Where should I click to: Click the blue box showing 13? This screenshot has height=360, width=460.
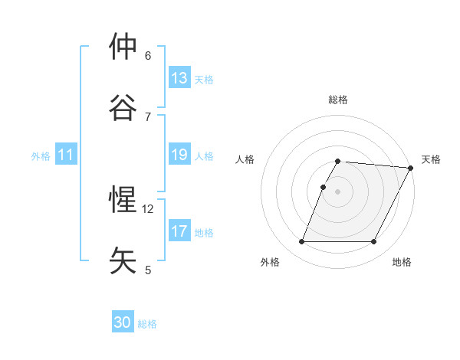[x=179, y=78]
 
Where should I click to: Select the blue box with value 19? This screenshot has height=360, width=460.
[x=179, y=155]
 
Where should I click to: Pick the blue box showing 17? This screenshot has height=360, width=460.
[x=179, y=231]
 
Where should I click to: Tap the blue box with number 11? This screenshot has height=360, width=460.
[x=66, y=155]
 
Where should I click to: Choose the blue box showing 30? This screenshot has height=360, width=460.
[x=123, y=322]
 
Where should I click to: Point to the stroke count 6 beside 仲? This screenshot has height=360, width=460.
[x=148, y=55]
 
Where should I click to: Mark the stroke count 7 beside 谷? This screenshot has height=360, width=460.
[x=148, y=116]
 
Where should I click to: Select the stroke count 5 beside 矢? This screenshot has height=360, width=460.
[x=148, y=270]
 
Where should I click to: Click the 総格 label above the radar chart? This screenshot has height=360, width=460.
[x=338, y=100]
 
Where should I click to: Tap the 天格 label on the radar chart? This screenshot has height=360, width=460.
[x=431, y=159]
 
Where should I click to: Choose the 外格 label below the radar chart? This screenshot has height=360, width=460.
[x=270, y=262]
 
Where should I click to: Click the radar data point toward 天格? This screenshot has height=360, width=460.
[x=411, y=168]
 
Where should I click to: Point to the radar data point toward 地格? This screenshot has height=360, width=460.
[x=374, y=242]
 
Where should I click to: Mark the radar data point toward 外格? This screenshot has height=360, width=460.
[x=301, y=242]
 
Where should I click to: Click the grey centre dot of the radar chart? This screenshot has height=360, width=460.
[x=338, y=191]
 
